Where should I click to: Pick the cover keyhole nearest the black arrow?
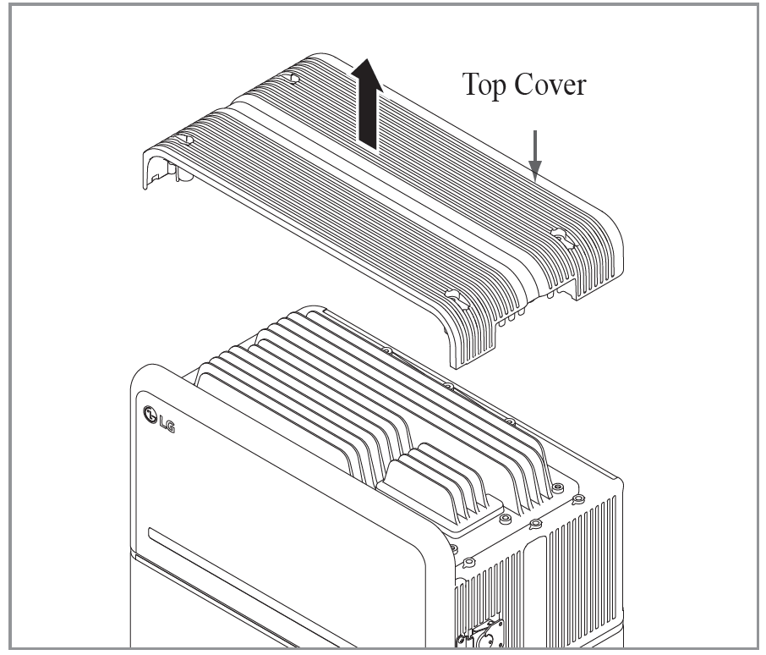(293, 78)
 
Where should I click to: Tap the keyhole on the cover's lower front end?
(452, 298)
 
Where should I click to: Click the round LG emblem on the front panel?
(151, 416)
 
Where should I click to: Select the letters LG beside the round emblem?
(170, 416)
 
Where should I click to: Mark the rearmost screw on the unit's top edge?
(387, 350)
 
